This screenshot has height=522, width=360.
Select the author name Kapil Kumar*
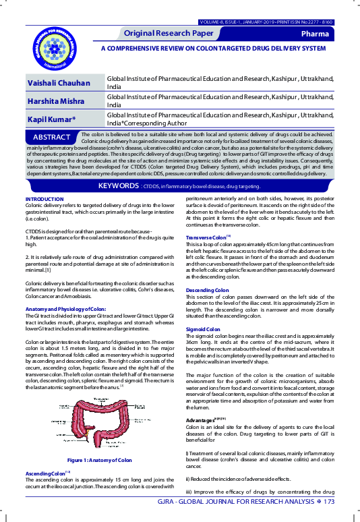click(51, 119)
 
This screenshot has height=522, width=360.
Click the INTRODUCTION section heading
click(44, 200)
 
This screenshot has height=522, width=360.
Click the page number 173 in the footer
click(329, 502)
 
